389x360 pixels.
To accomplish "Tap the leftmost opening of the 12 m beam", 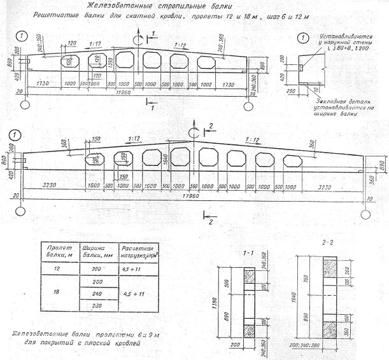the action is click(x=67, y=62).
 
